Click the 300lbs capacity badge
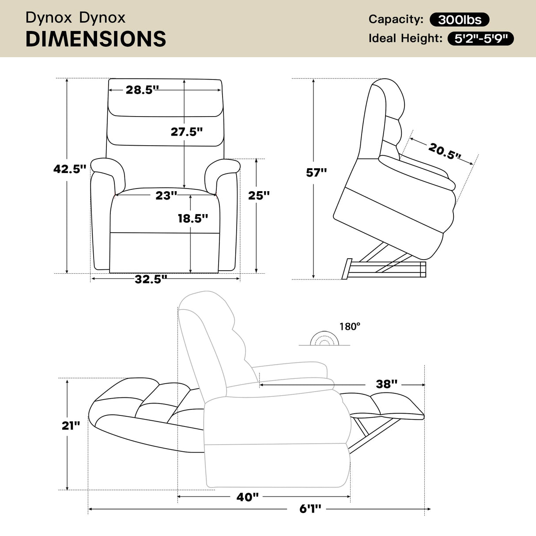pyautogui.click(x=459, y=19)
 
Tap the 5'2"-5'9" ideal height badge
pyautogui.click(x=481, y=39)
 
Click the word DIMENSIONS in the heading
pyautogui.click(x=96, y=39)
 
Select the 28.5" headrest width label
pyautogui.click(x=142, y=90)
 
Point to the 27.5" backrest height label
pyautogui.click(x=187, y=131)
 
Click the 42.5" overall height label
pyautogui.click(x=69, y=169)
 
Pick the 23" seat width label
pyautogui.click(x=166, y=195)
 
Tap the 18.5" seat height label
pyautogui.click(x=193, y=218)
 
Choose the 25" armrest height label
pyautogui.click(x=259, y=195)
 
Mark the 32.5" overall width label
pyautogui.click(x=151, y=279)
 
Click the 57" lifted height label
pyautogui.click(x=316, y=172)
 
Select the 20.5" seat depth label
pyautogui.click(x=445, y=151)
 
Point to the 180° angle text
pyautogui.click(x=350, y=327)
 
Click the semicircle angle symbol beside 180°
pyautogui.click(x=324, y=339)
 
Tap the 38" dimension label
pyautogui.click(x=387, y=384)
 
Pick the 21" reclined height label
pyautogui.click(x=71, y=425)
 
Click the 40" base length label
pyautogui.click(x=247, y=497)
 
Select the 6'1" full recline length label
pyautogui.click(x=310, y=509)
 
